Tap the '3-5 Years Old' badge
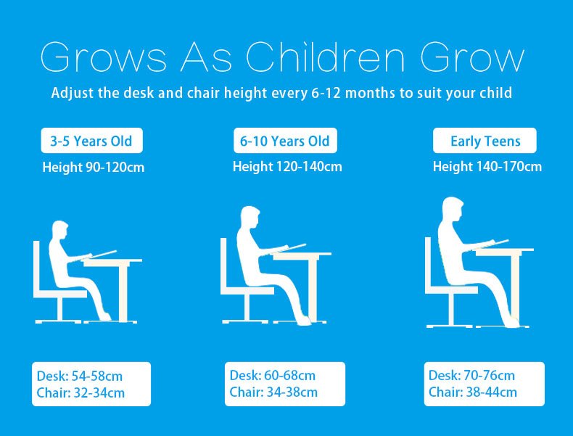coord(91,141)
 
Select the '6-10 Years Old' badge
coord(285,141)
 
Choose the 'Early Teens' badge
coord(485,141)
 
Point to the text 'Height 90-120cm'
coord(94,168)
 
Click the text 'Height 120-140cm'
coord(287,167)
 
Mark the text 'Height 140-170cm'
coord(487,167)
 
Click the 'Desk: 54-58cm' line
coord(80,376)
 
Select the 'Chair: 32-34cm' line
coord(81,393)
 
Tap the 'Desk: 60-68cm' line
coord(273,375)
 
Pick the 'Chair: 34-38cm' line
coord(273,392)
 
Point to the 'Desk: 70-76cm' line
coord(471,375)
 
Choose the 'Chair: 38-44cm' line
coord(473,392)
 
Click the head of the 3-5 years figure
coord(60,230)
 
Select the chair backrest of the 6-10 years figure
coord(223,263)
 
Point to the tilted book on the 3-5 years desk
coord(99,255)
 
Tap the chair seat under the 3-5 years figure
coord(60,294)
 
